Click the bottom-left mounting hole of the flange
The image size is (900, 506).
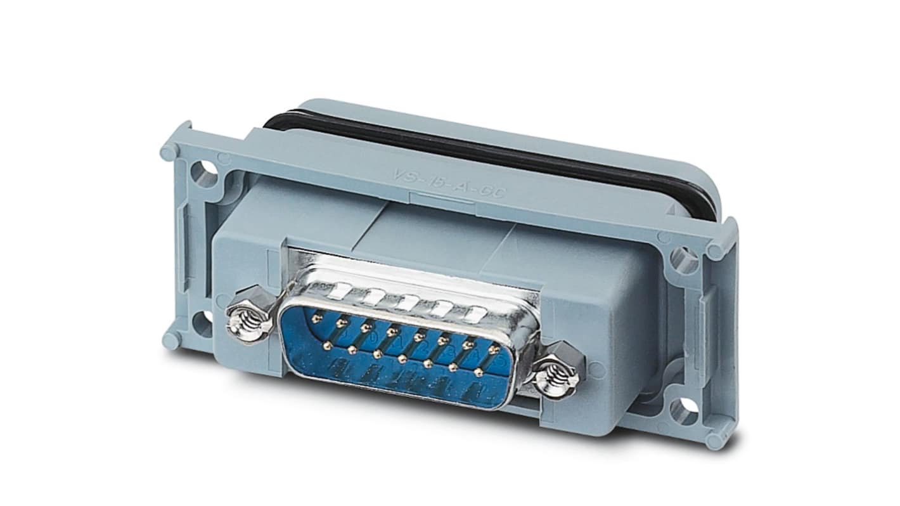click(x=202, y=323)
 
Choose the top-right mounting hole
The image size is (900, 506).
click(x=684, y=260)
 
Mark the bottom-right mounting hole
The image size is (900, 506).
click(x=684, y=412)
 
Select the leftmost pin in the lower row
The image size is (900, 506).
click(x=328, y=346)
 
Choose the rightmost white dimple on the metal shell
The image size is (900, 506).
click(x=479, y=313)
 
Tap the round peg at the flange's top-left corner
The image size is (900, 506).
click(x=169, y=152)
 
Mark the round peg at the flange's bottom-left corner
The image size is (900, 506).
click(x=170, y=341)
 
